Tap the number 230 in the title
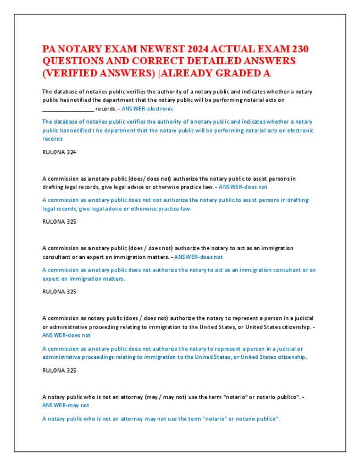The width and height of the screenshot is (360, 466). [298, 49]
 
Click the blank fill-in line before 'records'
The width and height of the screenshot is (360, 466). [68, 109]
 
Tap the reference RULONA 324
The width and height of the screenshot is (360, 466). [59, 152]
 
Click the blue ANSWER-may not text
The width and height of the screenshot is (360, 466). [65, 405]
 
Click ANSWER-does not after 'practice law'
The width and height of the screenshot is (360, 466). [242, 187]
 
